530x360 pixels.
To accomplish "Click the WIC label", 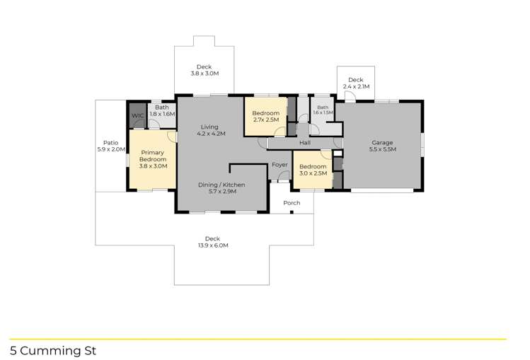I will click(137, 115).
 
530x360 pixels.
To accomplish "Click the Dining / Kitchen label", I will click(221, 188).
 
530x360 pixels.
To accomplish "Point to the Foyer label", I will click(280, 165).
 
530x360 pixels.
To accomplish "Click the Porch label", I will click(292, 203).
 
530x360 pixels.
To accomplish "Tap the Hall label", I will click(305, 143).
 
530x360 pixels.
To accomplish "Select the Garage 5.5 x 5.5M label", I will click(382, 146).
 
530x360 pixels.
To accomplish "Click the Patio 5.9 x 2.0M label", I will click(110, 146).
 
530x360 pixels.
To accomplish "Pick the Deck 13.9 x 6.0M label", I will click(213, 242).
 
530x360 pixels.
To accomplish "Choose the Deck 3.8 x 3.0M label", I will click(204, 70).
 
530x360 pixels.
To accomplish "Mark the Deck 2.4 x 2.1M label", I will click(355, 83).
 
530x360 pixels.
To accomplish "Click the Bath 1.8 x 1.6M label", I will click(162, 110).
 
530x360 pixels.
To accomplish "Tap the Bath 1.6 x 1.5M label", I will click(323, 110).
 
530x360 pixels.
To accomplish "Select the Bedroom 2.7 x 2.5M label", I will click(265, 117).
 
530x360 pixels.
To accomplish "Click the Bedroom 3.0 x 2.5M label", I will click(313, 170).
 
